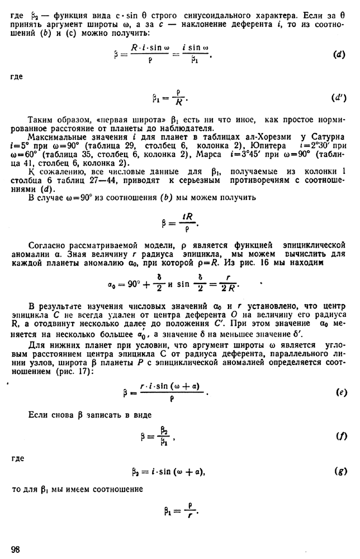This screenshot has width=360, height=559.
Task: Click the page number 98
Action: coord(15,549)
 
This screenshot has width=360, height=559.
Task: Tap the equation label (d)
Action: coord(337,54)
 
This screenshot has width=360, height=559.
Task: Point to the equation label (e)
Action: coord(339,393)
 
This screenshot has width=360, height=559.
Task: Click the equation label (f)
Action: coord(339,436)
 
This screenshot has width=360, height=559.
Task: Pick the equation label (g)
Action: coord(338,473)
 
